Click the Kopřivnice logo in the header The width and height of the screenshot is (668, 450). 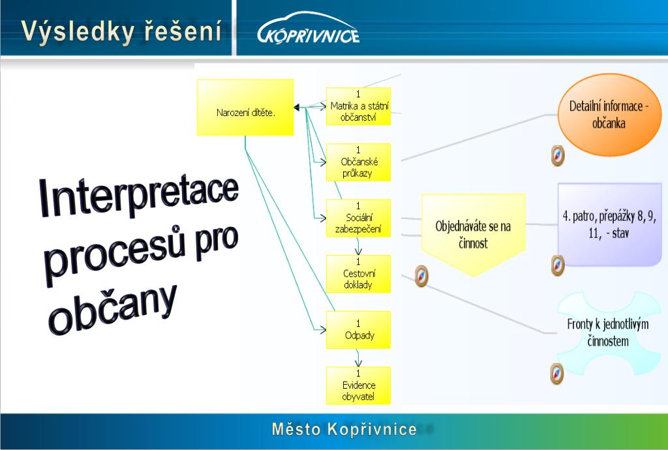[x=309, y=30]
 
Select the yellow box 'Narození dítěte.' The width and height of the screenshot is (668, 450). [x=245, y=108]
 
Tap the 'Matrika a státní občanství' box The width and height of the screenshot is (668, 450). [x=358, y=106]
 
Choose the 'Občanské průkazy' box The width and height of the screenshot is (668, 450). [x=358, y=162]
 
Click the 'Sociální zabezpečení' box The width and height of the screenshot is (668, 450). [x=358, y=218]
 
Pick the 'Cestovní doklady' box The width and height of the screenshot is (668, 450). [x=358, y=274]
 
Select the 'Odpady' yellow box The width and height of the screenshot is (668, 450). [x=358, y=330]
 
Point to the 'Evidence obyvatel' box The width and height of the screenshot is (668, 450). [x=358, y=385]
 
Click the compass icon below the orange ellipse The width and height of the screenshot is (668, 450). [x=557, y=155]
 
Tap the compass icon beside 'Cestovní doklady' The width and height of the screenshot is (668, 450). [x=422, y=277]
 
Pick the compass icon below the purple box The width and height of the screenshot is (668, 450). [x=557, y=265]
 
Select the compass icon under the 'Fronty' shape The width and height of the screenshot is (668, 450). [x=556, y=374]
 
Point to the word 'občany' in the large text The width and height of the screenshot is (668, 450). [x=114, y=307]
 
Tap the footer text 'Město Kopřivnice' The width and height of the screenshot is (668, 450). [x=344, y=429]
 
